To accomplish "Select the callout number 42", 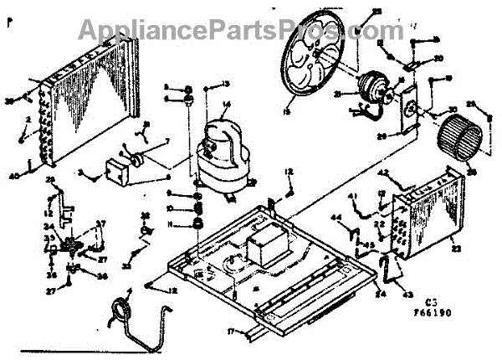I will click(384, 173).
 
